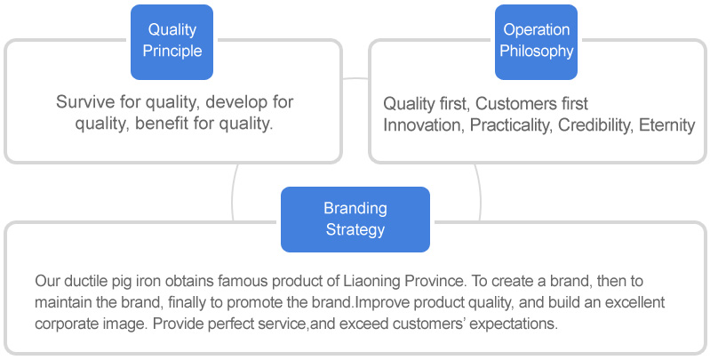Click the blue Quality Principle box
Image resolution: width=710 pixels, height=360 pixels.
[172, 42]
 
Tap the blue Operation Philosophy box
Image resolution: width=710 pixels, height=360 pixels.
[536, 42]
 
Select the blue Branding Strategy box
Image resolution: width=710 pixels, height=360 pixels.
[355, 220]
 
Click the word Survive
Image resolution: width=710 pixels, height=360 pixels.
[85, 102]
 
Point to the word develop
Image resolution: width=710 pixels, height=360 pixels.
[235, 102]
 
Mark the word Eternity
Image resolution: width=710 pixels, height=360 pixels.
[667, 126]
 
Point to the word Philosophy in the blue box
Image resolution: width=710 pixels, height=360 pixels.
[536, 52]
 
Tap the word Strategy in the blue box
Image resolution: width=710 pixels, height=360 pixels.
[355, 229]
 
